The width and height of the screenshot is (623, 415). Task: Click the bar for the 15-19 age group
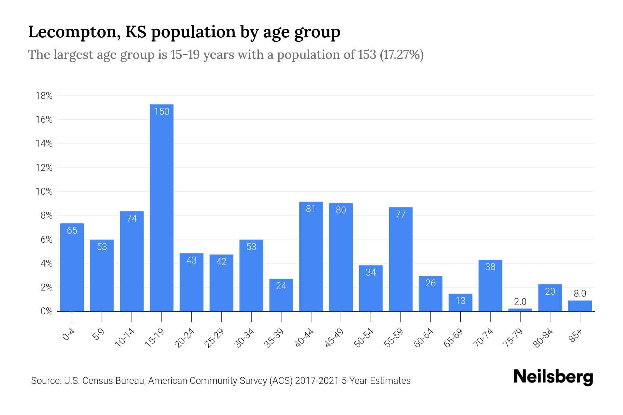tap(162, 207)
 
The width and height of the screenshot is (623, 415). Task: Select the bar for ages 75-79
tap(520, 310)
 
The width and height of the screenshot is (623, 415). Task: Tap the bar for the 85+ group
tap(580, 306)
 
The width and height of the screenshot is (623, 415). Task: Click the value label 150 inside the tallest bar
tap(162, 111)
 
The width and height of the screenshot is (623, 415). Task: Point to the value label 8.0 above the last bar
tap(580, 294)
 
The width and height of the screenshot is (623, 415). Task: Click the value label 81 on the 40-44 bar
tap(311, 209)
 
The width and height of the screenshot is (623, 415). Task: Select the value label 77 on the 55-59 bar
tap(400, 214)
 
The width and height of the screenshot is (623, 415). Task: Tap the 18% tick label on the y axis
tap(44, 96)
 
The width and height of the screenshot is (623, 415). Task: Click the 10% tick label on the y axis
tap(44, 192)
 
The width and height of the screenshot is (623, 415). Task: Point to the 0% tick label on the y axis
tap(46, 311)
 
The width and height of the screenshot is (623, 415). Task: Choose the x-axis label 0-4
tap(69, 334)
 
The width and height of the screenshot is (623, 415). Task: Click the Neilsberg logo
tap(553, 377)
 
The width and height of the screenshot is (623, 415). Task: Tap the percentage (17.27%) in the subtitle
tap(401, 55)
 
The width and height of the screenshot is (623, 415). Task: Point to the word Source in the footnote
tap(46, 381)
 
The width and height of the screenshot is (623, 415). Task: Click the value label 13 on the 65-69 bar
tap(460, 301)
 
